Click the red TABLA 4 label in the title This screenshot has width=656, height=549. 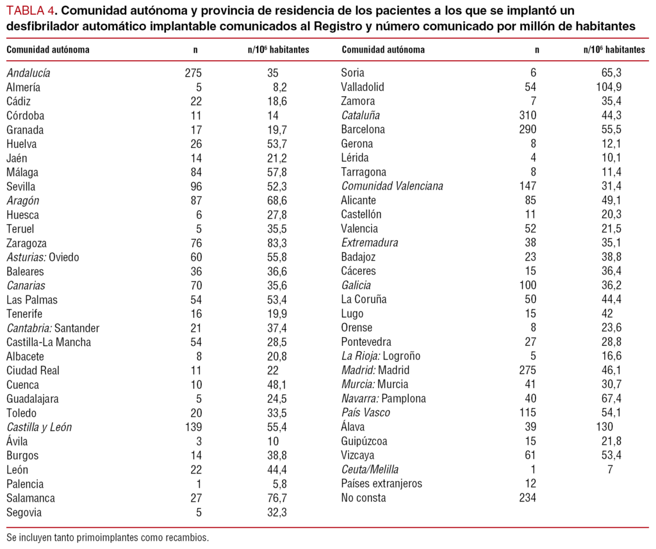point(29,11)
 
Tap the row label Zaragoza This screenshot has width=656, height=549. point(26,243)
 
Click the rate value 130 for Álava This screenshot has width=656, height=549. point(604,427)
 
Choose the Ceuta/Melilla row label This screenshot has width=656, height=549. point(370,470)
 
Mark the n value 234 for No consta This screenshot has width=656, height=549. point(528,498)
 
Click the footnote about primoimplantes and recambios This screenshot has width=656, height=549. point(108,537)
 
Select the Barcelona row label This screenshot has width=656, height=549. point(363,129)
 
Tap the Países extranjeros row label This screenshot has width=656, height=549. point(382,484)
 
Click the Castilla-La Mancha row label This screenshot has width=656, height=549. point(49,342)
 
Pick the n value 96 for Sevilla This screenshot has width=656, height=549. point(195,186)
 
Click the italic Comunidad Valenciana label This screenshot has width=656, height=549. point(392,186)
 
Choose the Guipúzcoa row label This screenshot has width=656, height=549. point(365,441)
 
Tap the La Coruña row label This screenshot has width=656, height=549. point(363,299)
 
